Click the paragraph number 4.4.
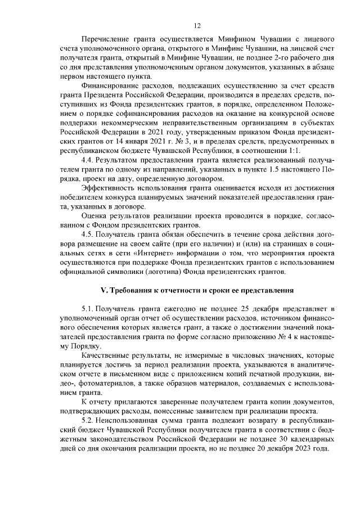88,161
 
